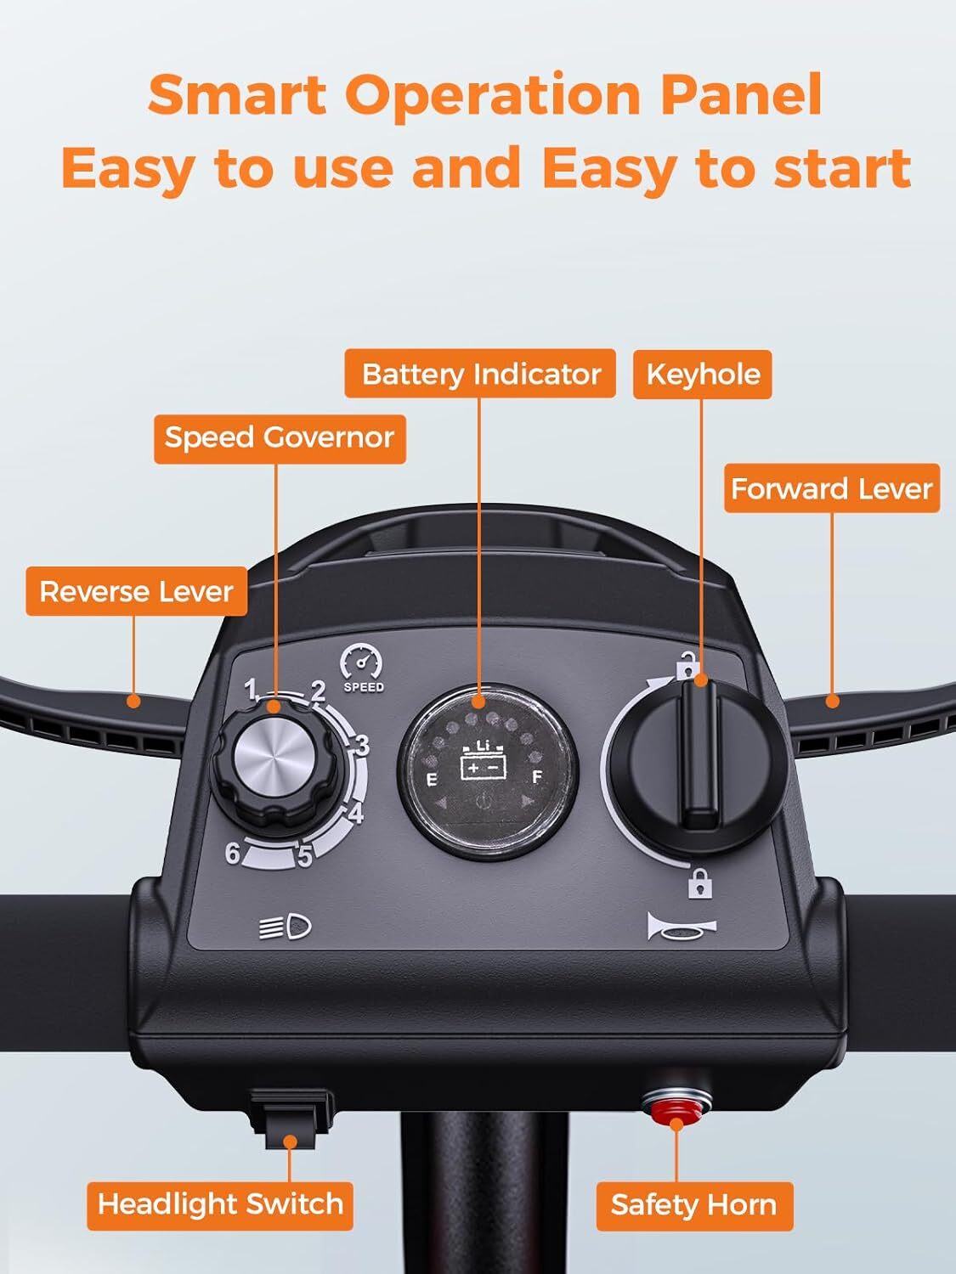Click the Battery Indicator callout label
[480, 374]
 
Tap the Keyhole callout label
[702, 375]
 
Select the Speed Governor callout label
[280, 438]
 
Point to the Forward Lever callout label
[831, 488]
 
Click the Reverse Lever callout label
[136, 591]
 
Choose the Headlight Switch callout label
[220, 1204]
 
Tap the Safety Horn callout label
[693, 1205]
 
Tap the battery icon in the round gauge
[484, 762]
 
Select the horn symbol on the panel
[680, 927]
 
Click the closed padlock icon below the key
[699, 884]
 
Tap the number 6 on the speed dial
[232, 852]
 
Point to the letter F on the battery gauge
[536, 777]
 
